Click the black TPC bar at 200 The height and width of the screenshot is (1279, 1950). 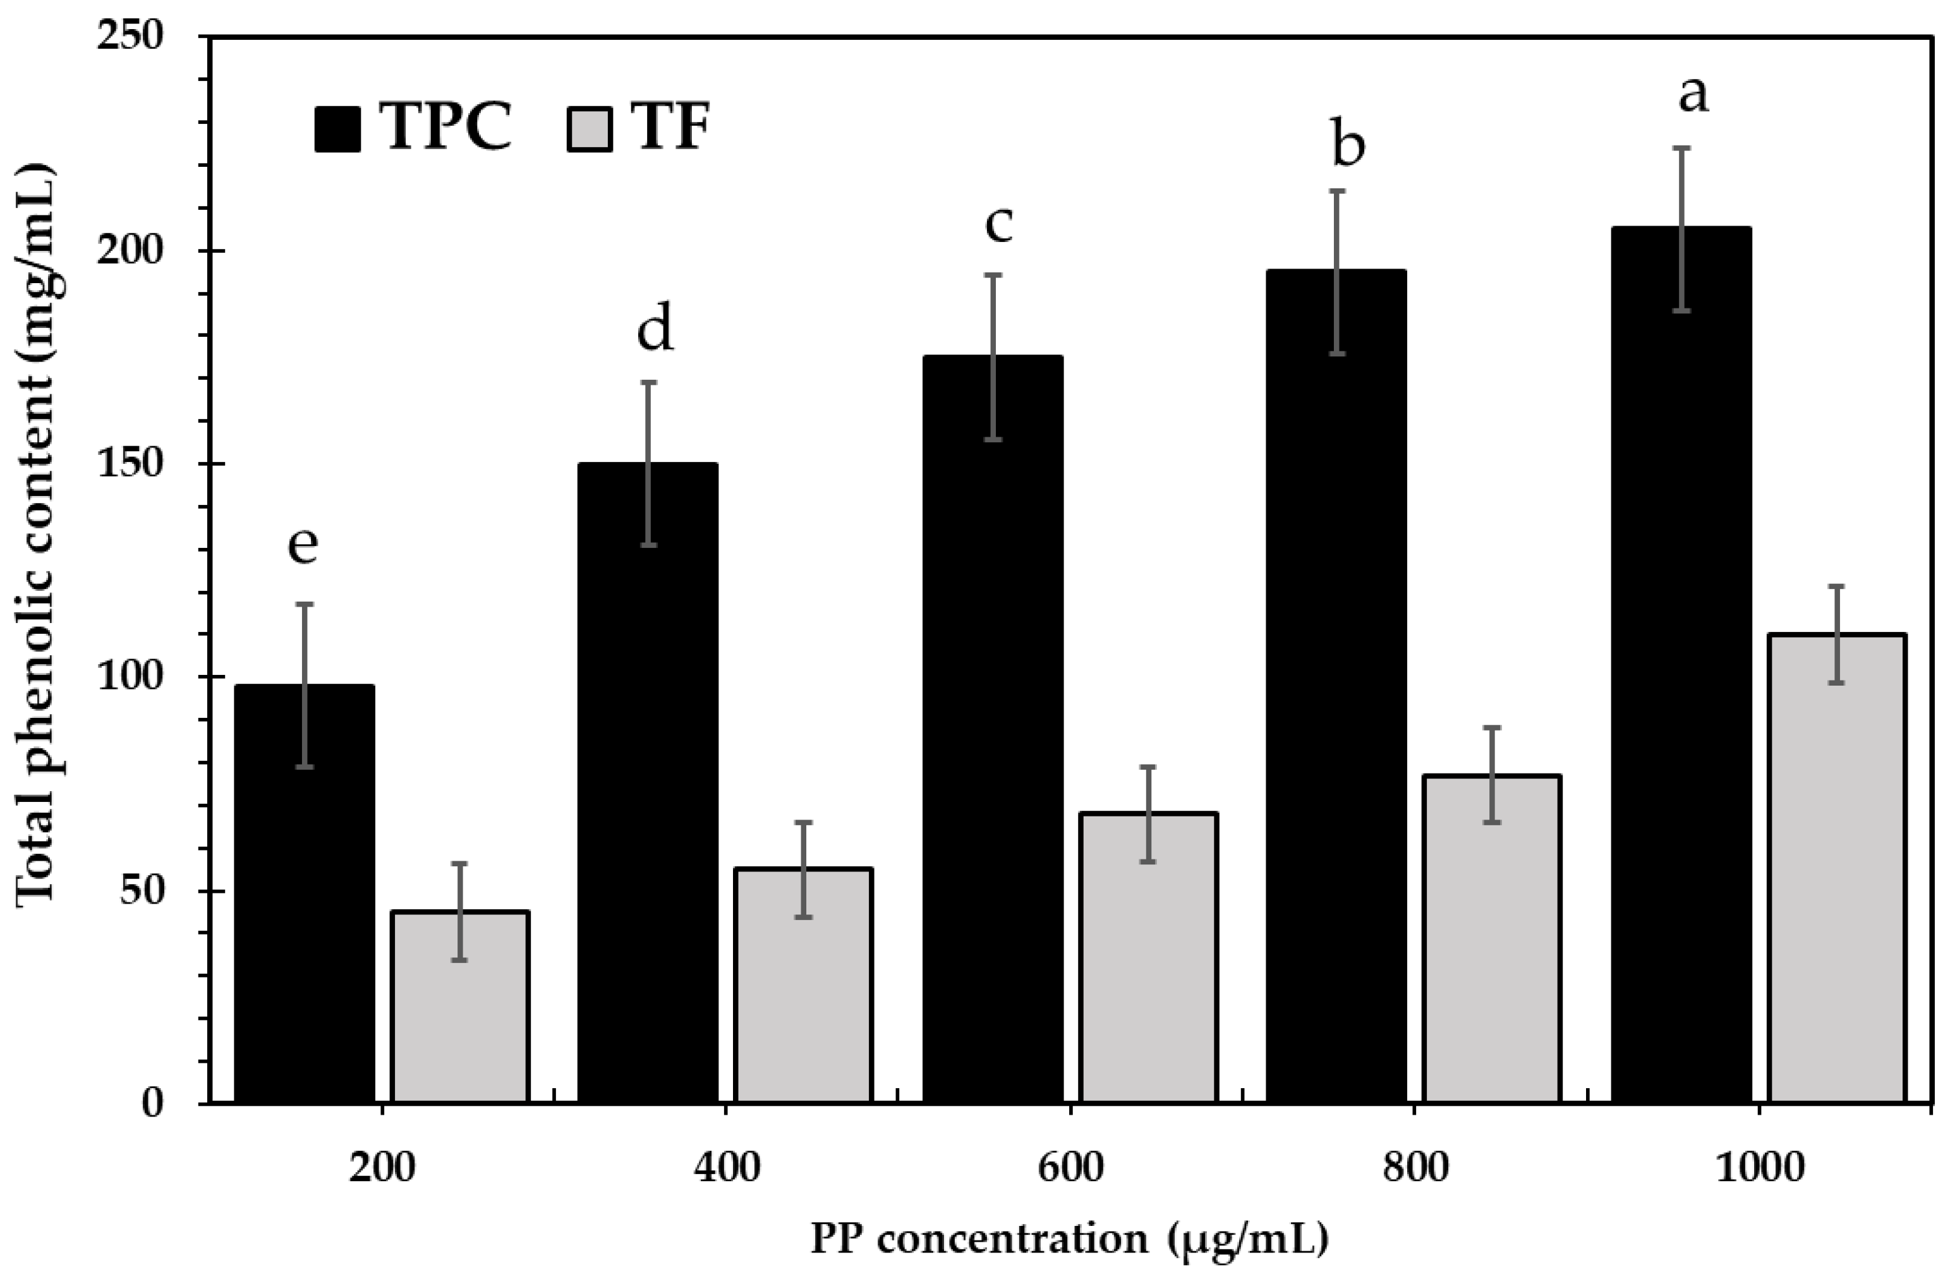pyautogui.click(x=304, y=893)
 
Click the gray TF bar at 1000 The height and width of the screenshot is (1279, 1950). pyautogui.click(x=1836, y=868)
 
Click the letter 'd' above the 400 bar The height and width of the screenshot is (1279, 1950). pyautogui.click(x=655, y=328)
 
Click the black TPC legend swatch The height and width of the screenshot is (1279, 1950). pyautogui.click(x=337, y=130)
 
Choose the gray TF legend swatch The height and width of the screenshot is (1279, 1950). pyautogui.click(x=589, y=130)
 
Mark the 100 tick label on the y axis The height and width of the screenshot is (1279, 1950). pyautogui.click(x=142, y=677)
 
